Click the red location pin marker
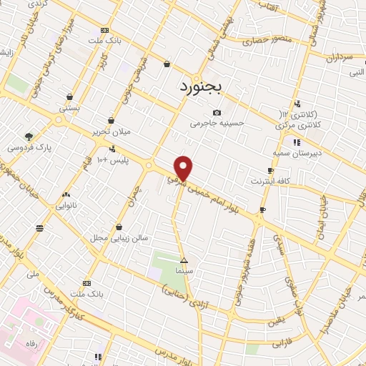pos(184,168)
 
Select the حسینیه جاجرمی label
pos(217,123)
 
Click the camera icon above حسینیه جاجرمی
pos(217,112)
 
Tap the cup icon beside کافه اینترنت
pos(270,170)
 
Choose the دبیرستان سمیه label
pos(295,152)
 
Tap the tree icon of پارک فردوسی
pos(29,136)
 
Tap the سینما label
pos(184,271)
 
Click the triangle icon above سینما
pos(184,260)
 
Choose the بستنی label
pos(69,108)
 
